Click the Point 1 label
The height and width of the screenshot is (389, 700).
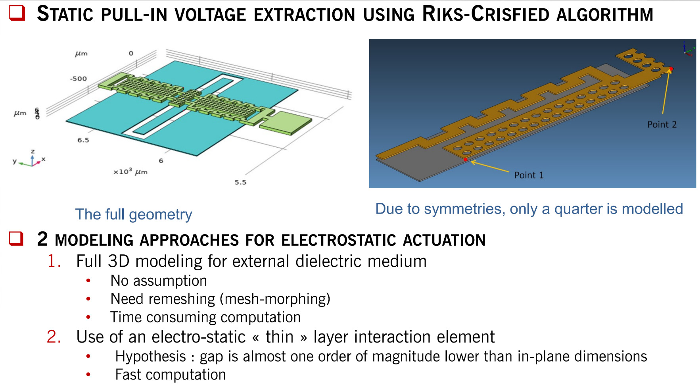[529, 175]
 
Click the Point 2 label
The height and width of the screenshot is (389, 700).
[662, 124]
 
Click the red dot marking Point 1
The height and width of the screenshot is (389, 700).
[466, 160]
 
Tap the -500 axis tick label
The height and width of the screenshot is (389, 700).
[78, 79]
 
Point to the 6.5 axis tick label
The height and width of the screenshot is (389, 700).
[83, 140]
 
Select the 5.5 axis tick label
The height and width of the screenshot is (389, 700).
[240, 182]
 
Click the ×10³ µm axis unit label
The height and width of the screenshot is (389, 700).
[130, 172]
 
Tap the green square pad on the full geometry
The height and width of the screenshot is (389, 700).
[286, 122]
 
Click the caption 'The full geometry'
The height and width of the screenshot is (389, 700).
[134, 214]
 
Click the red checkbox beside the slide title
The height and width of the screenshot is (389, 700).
[17, 13]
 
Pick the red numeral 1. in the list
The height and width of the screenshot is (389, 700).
[54, 261]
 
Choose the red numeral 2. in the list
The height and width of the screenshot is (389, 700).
[54, 337]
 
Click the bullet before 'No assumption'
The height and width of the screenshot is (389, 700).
[88, 281]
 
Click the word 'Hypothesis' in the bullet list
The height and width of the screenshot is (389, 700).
[150, 356]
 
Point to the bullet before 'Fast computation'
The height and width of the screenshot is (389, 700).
[88, 374]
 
